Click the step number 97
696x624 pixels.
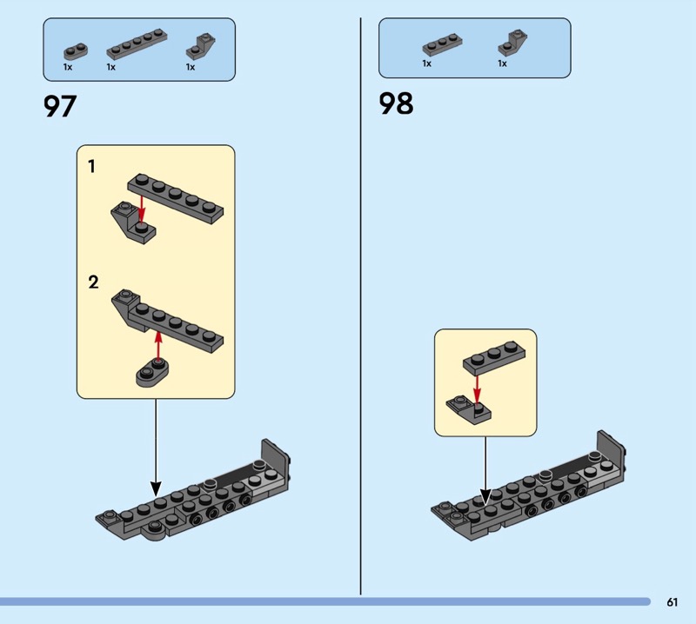(x=60, y=106)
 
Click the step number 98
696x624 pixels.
(x=396, y=104)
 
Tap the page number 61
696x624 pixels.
(x=673, y=602)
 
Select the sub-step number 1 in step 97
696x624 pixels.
(x=92, y=166)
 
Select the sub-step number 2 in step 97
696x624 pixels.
(x=93, y=282)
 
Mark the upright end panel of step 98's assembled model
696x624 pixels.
(x=610, y=452)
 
